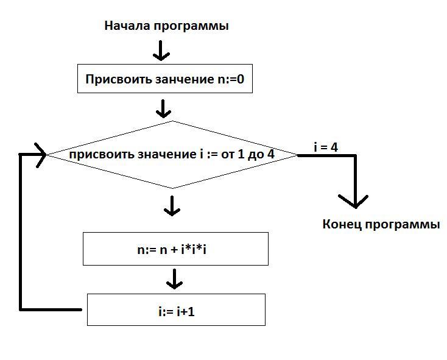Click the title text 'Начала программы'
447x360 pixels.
(166, 26)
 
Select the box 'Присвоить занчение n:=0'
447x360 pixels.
(165, 79)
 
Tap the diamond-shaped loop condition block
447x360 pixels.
(172, 155)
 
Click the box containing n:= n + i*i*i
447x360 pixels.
(175, 249)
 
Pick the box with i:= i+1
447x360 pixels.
(176, 309)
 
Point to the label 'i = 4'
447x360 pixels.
(326, 147)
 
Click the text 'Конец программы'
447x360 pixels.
(381, 224)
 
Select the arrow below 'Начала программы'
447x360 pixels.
(161, 51)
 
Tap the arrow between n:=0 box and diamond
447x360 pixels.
(163, 108)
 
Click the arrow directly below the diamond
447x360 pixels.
(172, 206)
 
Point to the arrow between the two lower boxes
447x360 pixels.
(175, 280)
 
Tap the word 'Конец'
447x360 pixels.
(343, 224)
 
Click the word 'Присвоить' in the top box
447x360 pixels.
(114, 79)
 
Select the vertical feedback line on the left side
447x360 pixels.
(22, 231)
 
